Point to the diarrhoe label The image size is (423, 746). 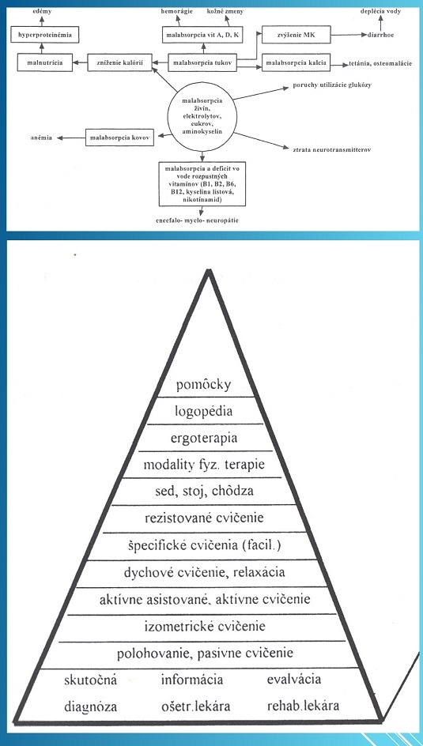tap(380, 35)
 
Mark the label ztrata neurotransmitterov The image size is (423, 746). tap(332, 150)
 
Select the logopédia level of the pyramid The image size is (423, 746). tap(204, 411)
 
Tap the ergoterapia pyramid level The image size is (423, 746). tap(204, 437)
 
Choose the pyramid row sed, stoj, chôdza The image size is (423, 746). tap(204, 492)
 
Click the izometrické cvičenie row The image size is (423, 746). tap(204, 627)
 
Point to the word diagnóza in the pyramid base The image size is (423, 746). tap(91, 706)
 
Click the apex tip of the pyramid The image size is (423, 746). tap(208, 270)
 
